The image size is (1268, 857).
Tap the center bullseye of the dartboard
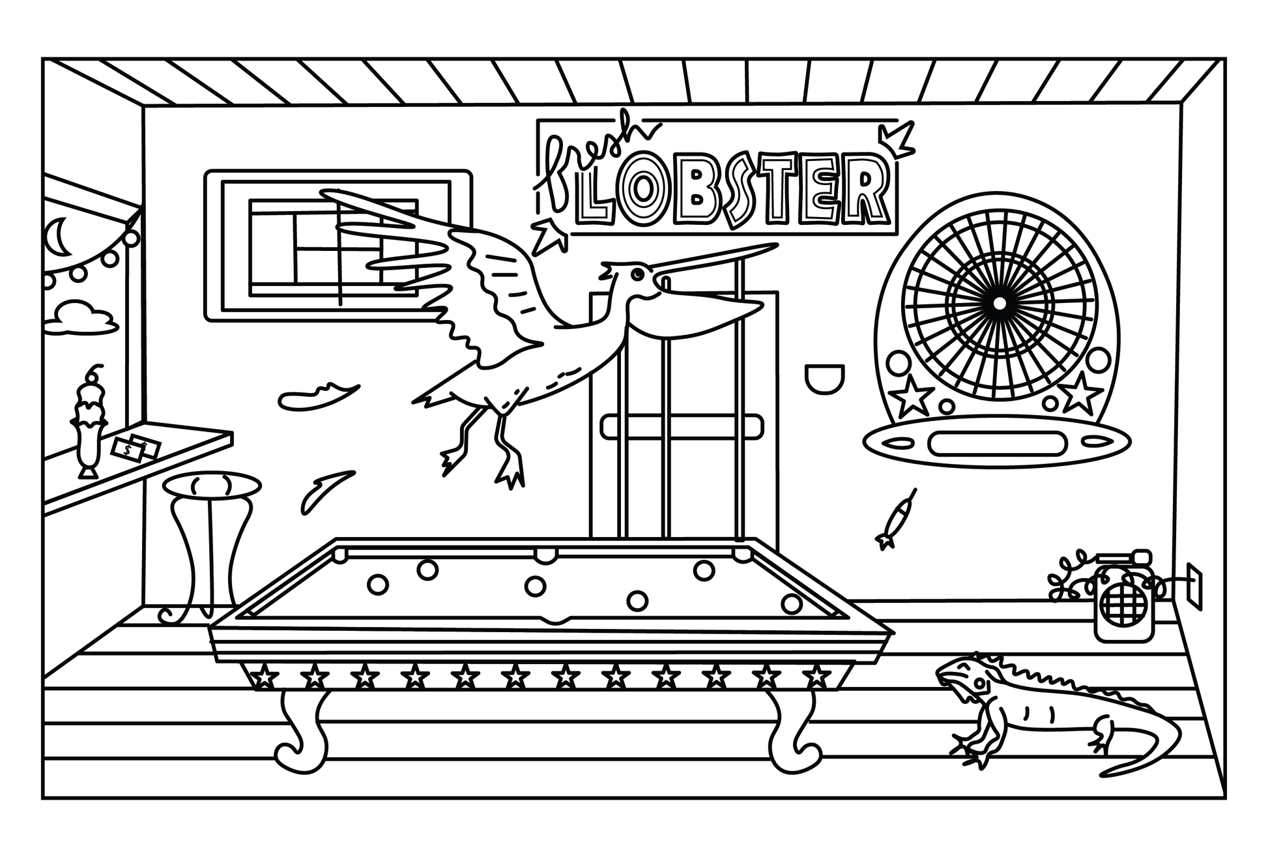[x=998, y=302]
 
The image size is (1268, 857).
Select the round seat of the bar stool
[x=211, y=486]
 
